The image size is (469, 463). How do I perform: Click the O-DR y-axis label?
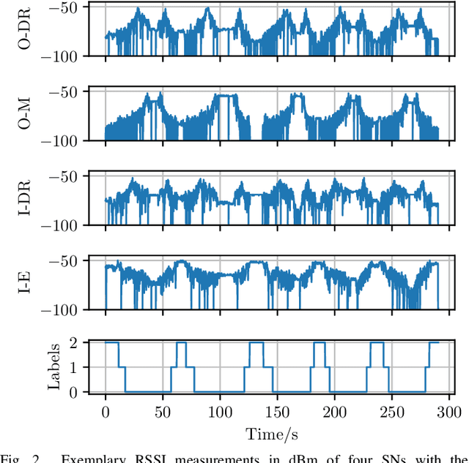[23, 30]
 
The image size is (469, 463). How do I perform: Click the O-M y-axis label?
[23, 115]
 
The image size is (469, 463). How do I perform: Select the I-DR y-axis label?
[23, 200]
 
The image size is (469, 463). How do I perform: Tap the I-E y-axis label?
[23, 284]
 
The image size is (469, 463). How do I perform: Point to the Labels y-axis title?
[53, 367]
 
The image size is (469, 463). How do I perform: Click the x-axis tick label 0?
[106, 412]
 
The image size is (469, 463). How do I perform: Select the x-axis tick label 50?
[163, 412]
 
